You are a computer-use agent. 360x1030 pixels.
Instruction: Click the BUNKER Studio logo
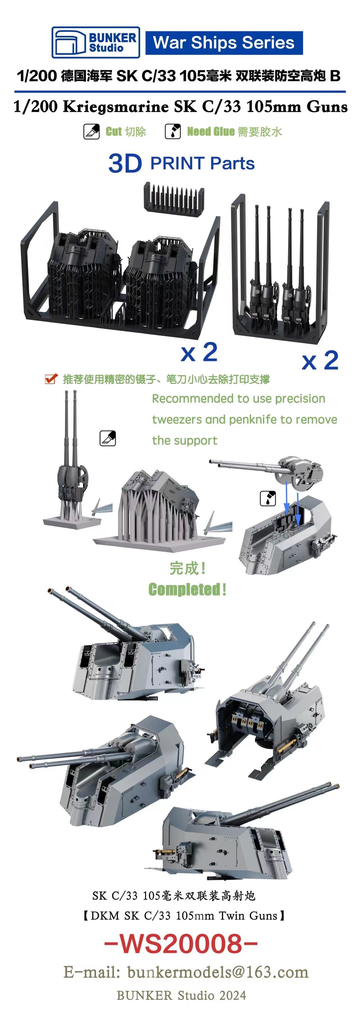point(96,42)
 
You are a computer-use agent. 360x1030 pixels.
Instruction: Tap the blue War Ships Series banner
point(224,42)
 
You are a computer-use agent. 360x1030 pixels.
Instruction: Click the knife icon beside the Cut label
point(91,132)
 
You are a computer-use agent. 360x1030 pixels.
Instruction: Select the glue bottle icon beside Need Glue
point(173,132)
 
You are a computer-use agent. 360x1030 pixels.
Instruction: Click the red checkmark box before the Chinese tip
point(51,378)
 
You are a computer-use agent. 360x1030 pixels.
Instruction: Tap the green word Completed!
point(187,589)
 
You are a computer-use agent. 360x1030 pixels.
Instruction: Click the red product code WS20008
point(181,943)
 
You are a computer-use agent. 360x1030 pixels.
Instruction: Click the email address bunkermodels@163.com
point(218,972)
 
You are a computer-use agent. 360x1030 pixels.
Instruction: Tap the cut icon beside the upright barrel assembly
point(108,438)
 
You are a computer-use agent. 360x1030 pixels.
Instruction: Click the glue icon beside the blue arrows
point(268,498)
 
